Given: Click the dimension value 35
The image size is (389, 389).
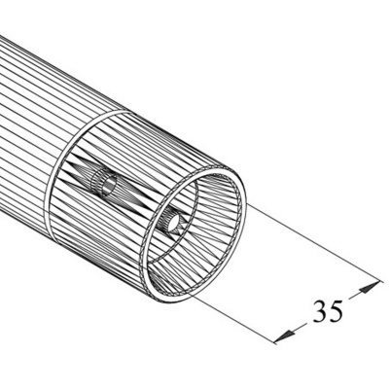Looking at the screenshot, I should coord(327,313).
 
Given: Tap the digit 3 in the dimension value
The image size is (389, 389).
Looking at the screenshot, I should coord(318,313).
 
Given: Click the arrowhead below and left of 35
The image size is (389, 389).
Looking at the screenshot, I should coord(282,336).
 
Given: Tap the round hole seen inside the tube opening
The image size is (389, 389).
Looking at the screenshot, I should coord(175,223).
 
